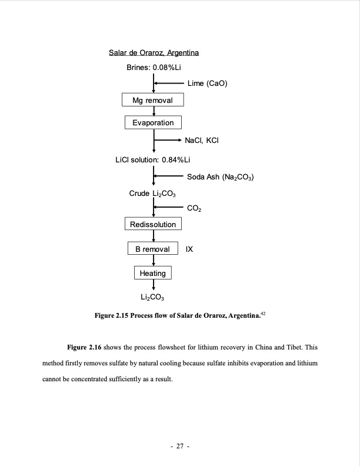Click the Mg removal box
[x=153, y=100]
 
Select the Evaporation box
[x=153, y=122]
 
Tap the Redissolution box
[x=153, y=224]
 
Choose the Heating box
[x=153, y=273]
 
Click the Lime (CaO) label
[x=207, y=84]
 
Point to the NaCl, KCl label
[x=202, y=141]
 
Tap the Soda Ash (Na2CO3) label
[x=220, y=177]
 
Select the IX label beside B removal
[x=189, y=249]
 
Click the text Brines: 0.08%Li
[x=153, y=67]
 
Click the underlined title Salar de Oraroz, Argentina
[x=154, y=53]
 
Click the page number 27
[x=179, y=447]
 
